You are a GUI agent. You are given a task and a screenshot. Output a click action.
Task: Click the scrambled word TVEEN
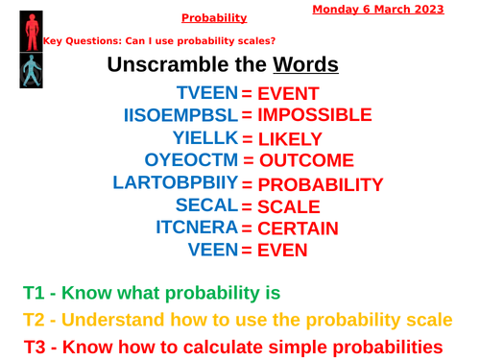(206, 93)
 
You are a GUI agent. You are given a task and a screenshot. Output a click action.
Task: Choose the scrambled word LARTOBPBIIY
(175, 181)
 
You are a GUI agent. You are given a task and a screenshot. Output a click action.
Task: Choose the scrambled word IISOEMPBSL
(180, 115)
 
